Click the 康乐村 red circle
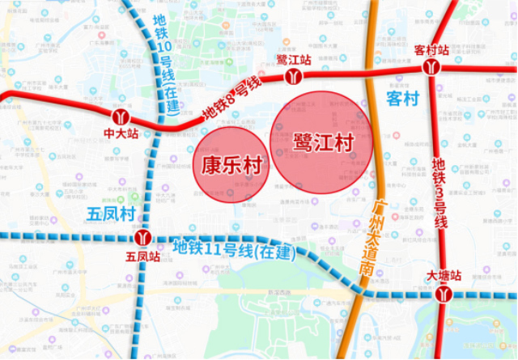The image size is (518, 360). [231, 165]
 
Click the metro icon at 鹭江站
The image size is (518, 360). [293, 76]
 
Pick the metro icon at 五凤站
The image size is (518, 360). [143, 238]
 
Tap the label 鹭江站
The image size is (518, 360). [293, 60]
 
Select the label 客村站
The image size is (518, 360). [431, 49]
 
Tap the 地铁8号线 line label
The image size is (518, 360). [231, 97]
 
